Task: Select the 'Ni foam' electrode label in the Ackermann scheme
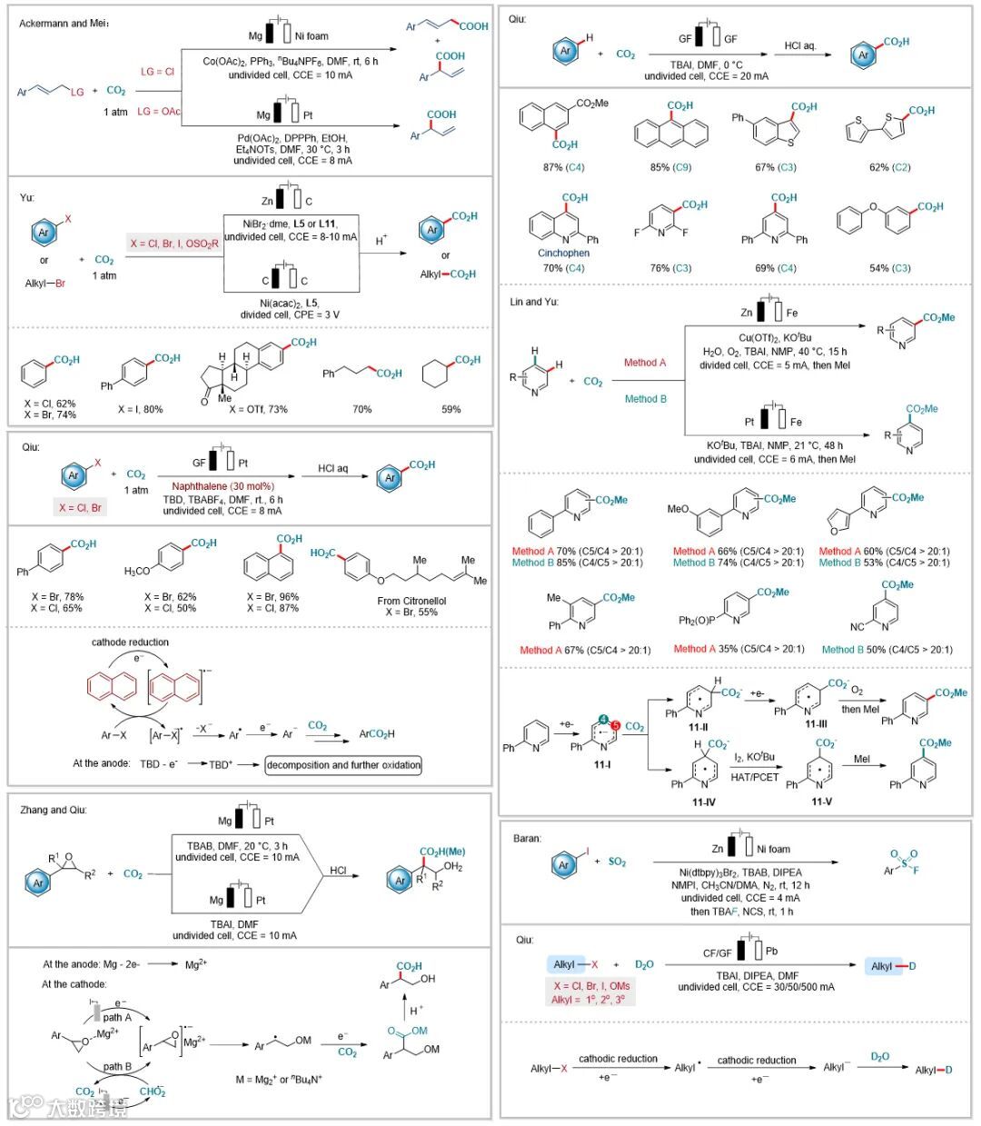tap(311, 36)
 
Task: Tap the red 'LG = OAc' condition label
tap(159, 111)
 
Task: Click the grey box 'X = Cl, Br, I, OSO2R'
tap(173, 244)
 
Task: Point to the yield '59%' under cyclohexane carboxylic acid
tap(451, 409)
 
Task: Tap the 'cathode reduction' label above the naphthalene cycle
tap(130, 642)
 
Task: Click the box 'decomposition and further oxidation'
tap(343, 764)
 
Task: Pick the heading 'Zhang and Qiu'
tap(54, 810)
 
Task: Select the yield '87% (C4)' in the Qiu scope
tap(563, 167)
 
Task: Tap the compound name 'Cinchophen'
tap(563, 254)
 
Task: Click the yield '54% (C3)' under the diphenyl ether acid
tap(890, 268)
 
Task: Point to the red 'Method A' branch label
tap(645, 363)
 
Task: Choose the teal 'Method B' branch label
tap(645, 398)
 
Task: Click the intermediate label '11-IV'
tap(704, 802)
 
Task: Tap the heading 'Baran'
tap(527, 839)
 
